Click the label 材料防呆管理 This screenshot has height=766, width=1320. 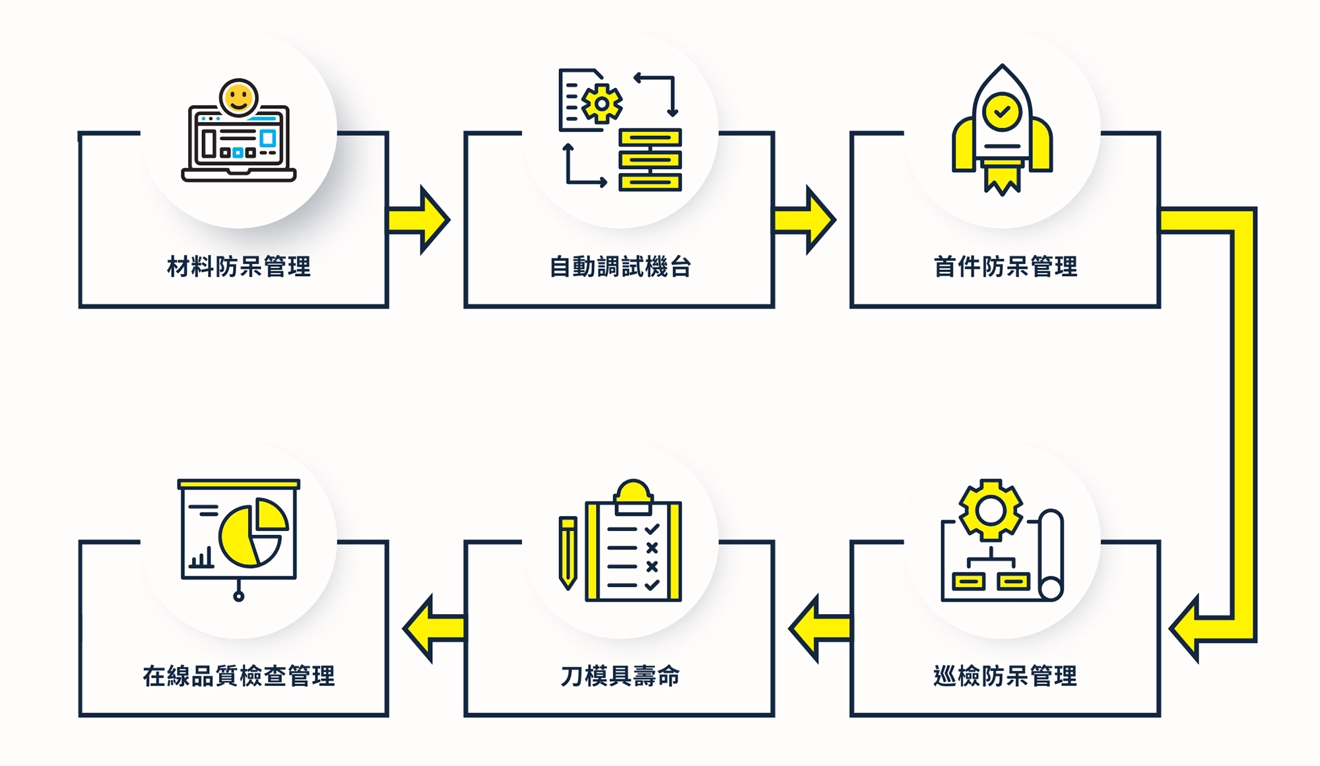point(239,267)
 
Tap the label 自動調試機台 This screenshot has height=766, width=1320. point(620,267)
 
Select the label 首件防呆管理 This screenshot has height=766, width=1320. point(1005,267)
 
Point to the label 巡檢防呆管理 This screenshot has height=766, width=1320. point(1005,676)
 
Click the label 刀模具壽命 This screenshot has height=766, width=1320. point(620,676)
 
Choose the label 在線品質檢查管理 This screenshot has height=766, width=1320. point(239,676)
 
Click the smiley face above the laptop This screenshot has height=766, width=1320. point(239,98)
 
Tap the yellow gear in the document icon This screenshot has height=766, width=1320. point(601,104)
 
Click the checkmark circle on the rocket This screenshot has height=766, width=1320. point(1002,111)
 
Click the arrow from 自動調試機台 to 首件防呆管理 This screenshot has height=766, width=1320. point(806,220)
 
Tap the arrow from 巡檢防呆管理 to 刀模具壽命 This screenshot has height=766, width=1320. point(819,629)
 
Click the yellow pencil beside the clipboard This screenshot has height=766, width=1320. point(568,552)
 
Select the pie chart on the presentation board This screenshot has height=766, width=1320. point(253,532)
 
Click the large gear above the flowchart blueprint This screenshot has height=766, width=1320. point(990,510)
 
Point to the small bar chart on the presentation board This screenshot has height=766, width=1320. point(202,559)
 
